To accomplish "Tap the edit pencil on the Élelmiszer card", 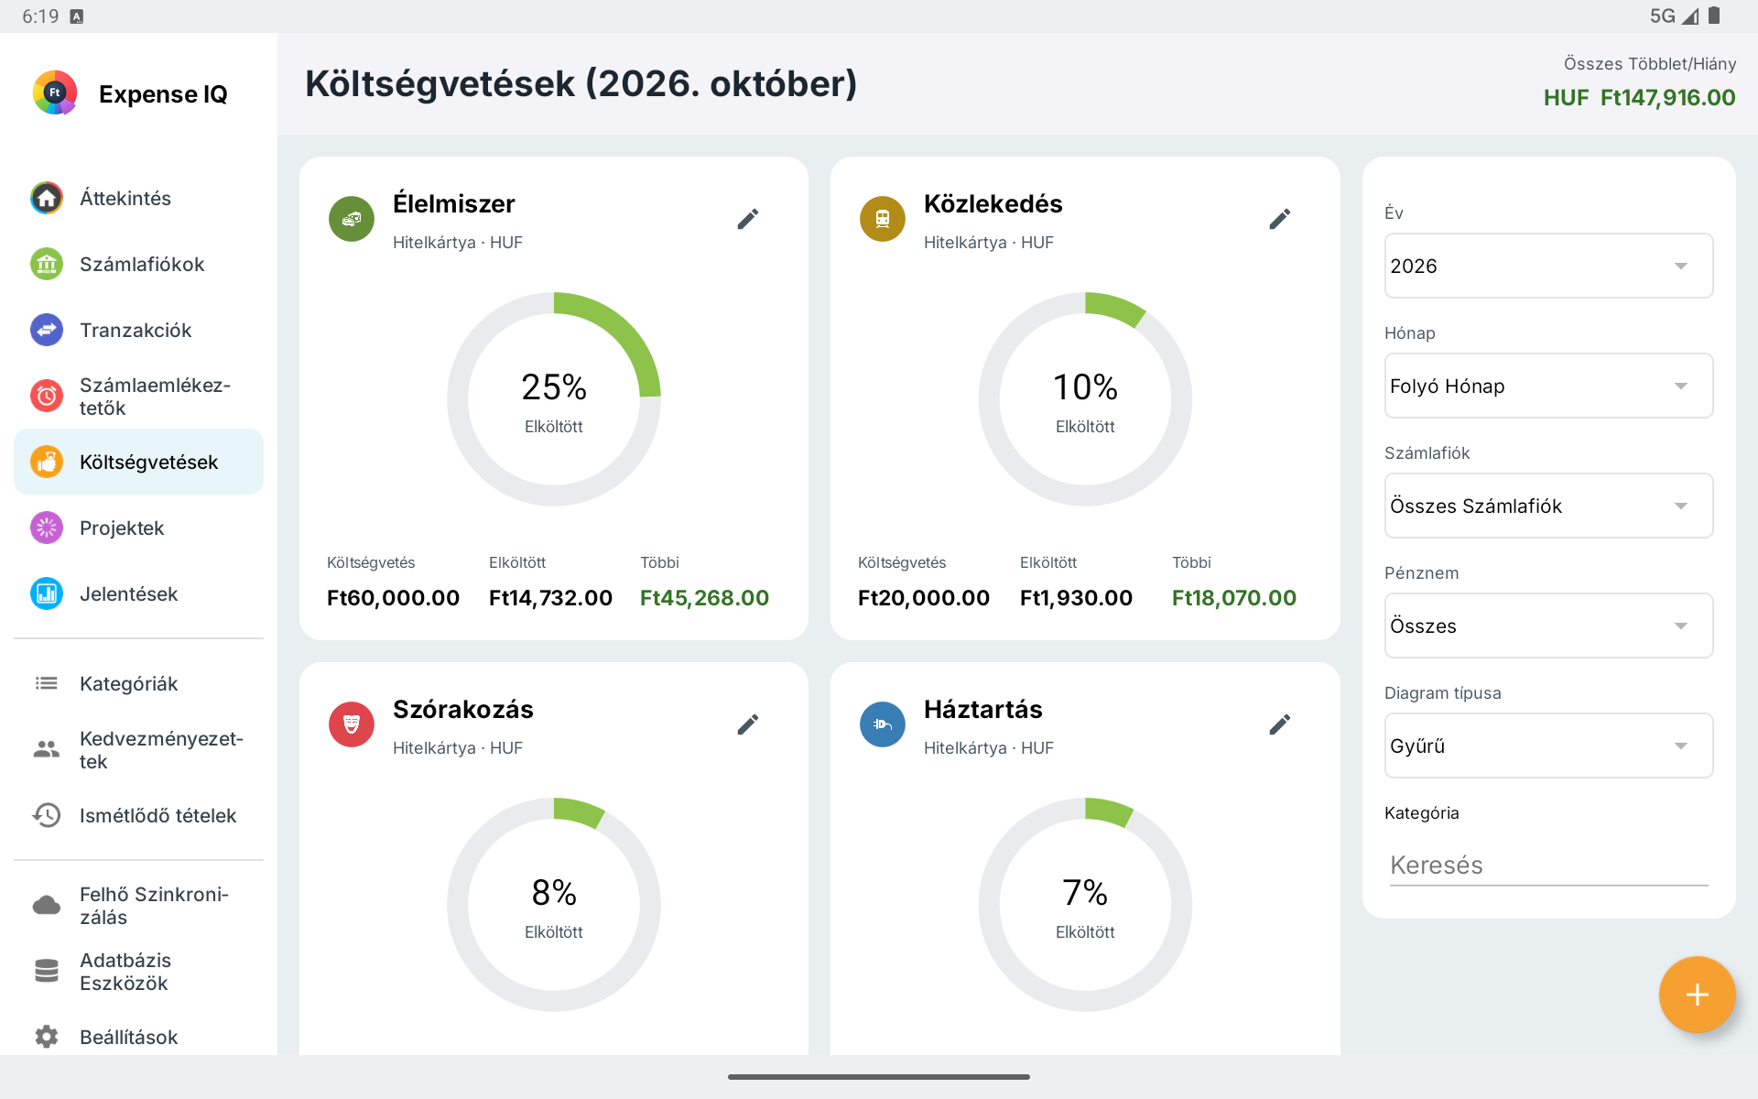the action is [x=748, y=219].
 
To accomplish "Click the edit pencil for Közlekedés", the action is [x=1280, y=219].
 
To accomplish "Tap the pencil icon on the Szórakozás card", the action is [x=748, y=724].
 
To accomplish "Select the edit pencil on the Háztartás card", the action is [x=1280, y=724].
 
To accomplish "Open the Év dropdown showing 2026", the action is [x=1548, y=266].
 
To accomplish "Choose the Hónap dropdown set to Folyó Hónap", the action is [x=1548, y=386].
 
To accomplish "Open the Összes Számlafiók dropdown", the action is [x=1548, y=506].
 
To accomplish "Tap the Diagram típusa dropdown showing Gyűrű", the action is [x=1548, y=745].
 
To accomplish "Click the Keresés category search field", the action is [x=1548, y=865].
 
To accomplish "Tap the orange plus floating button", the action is [x=1697, y=995].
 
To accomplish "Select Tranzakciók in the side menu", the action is [x=136, y=330].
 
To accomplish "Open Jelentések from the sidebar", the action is [x=128, y=593].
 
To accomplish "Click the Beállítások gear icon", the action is [x=47, y=1036].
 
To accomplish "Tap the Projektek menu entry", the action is [x=122, y=528].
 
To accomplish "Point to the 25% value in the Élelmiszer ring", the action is [x=554, y=387].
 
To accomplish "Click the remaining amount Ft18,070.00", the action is [x=1234, y=598].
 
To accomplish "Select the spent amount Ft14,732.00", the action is [x=550, y=598].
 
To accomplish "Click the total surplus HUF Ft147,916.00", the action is [x=1639, y=98].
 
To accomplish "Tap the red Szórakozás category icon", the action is [x=352, y=724].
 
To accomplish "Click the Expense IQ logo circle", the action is [x=55, y=92].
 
